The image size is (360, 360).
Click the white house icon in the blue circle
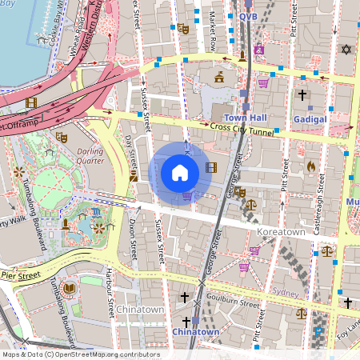tap(180, 172)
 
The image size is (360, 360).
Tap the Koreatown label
tap(281, 231)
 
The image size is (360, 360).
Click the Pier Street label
tap(19, 275)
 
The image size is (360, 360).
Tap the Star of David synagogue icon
tap(346, 50)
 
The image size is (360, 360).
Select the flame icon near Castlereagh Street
tap(311, 166)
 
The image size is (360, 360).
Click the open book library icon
tap(69, 287)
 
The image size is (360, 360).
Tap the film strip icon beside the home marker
tap(210, 167)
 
